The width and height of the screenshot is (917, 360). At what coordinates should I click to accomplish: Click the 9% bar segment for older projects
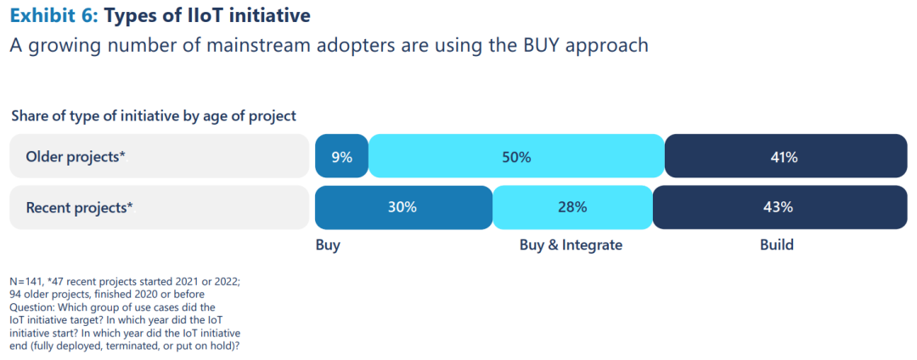pyautogui.click(x=341, y=157)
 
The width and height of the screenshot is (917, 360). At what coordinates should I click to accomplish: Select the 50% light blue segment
pyautogui.click(x=516, y=157)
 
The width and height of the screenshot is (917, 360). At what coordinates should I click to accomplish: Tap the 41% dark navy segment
pyautogui.click(x=785, y=157)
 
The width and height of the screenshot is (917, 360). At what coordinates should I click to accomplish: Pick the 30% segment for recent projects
pyautogui.click(x=403, y=207)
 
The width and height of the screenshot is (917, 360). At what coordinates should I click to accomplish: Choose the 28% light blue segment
pyautogui.click(x=572, y=207)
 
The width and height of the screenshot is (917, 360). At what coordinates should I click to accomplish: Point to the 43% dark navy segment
pyautogui.click(x=779, y=207)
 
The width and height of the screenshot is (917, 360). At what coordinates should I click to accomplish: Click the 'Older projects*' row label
pyautogui.click(x=76, y=157)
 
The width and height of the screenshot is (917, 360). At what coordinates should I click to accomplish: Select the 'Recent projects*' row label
pyautogui.click(x=79, y=207)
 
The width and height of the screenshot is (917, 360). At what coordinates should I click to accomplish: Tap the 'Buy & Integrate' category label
pyautogui.click(x=571, y=245)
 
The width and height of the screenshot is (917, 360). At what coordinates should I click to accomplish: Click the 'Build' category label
pyautogui.click(x=776, y=245)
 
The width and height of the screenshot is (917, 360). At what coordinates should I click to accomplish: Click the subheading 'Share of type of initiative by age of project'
pyautogui.click(x=154, y=115)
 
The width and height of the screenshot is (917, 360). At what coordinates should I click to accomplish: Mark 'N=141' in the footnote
pyautogui.click(x=27, y=281)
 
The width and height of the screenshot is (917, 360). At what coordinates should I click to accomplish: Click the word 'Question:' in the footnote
pyautogui.click(x=31, y=307)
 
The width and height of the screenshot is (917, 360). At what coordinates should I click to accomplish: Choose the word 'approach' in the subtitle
pyautogui.click(x=607, y=46)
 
